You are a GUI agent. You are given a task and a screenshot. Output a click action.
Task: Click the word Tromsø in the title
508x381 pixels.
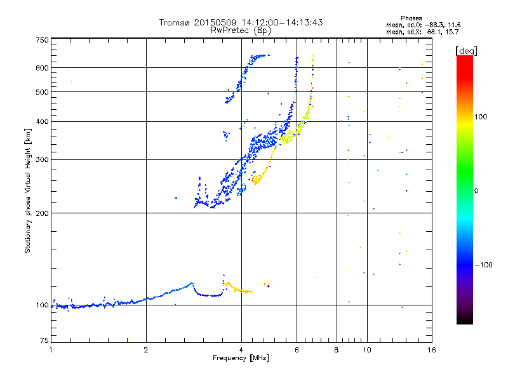pyautogui.click(x=175, y=22)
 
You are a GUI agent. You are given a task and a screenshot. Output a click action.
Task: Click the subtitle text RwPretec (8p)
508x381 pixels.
pyautogui.click(x=241, y=30)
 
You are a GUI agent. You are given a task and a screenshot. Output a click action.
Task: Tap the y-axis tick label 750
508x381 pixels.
pyautogui.click(x=42, y=40)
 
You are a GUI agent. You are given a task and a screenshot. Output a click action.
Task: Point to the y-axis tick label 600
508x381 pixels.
pyautogui.click(x=42, y=68)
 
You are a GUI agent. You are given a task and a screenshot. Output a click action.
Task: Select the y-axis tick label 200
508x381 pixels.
pyautogui.click(x=42, y=213)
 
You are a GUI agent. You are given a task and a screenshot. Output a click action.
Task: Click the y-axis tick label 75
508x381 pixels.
pyautogui.click(x=44, y=340)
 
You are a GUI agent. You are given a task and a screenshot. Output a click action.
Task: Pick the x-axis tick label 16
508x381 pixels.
pyautogui.click(x=432, y=350)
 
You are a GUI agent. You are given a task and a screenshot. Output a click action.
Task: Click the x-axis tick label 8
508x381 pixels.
pyautogui.click(x=337, y=350)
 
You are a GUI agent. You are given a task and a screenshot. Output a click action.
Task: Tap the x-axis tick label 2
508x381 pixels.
pyautogui.click(x=146, y=350)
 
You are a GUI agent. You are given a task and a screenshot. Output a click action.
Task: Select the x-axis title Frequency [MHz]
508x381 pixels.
pyautogui.click(x=241, y=358)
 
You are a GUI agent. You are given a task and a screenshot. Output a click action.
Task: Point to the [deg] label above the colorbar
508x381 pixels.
pyautogui.click(x=466, y=51)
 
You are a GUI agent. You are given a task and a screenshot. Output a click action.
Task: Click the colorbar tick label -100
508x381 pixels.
pyautogui.click(x=483, y=265)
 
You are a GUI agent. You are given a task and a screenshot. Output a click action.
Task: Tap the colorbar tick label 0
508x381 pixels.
pyautogui.click(x=476, y=191)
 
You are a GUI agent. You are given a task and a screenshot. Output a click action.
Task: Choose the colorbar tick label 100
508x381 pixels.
pyautogui.click(x=481, y=117)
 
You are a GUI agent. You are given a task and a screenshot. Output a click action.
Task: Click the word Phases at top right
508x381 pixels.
pyautogui.click(x=411, y=18)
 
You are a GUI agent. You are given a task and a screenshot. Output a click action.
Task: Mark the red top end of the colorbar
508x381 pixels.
pyautogui.click(x=465, y=57)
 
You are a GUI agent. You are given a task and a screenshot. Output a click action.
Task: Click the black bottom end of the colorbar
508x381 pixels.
pyautogui.click(x=465, y=323)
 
